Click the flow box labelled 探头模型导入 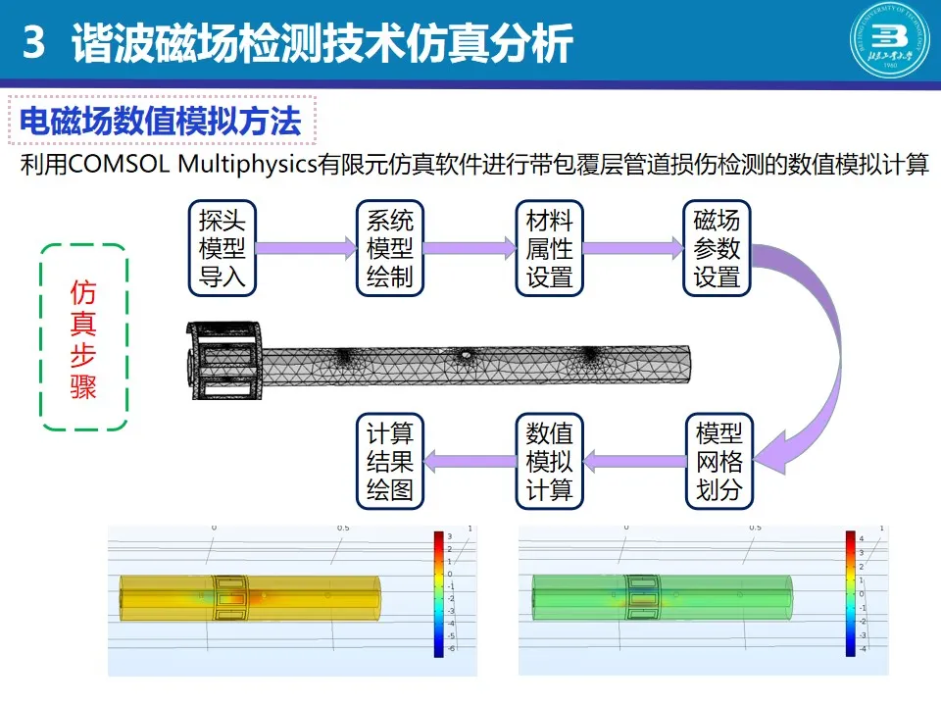tap(223, 248)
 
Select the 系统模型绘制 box tap(389, 248)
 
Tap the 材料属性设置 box tap(549, 248)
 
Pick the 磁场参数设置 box tap(717, 248)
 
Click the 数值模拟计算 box tap(549, 461)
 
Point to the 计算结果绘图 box tap(389, 461)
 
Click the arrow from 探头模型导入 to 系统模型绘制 tap(305, 248)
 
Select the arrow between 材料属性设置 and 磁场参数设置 tap(632, 248)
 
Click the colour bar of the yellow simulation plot tap(437, 594)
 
